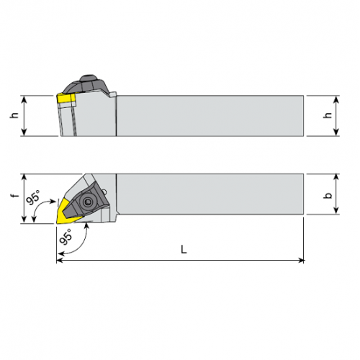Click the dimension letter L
click(x=184, y=249)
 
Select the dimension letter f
click(x=15, y=195)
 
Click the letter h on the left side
click(x=14, y=115)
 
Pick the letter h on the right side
click(x=328, y=115)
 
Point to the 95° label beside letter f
click(x=33, y=197)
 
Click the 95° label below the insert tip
click(x=66, y=237)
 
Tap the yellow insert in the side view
click(x=66, y=99)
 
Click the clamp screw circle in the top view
click(x=87, y=202)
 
